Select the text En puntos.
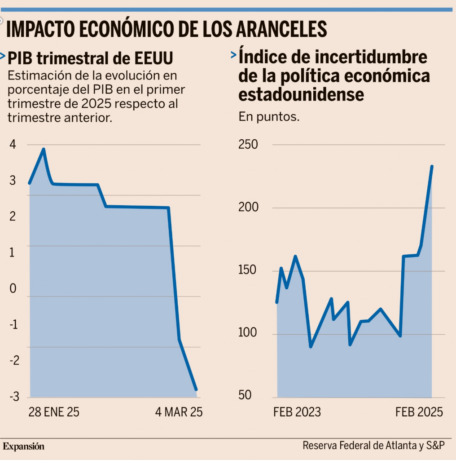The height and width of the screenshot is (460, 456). tap(269, 117)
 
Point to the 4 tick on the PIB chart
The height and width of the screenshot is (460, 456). tap(12, 145)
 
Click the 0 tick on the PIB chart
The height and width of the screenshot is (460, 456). tap(12, 288)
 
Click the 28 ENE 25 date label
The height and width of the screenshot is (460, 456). tap(53, 412)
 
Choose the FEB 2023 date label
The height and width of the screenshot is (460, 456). tap(297, 412)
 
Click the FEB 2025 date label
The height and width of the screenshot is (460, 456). tap(419, 412)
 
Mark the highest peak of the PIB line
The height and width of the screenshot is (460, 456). tap(44, 149)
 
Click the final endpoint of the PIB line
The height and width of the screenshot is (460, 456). tap(196, 389)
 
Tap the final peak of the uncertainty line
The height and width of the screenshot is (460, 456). tap(432, 166)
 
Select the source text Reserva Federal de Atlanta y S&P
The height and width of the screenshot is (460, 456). tap(373, 446)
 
